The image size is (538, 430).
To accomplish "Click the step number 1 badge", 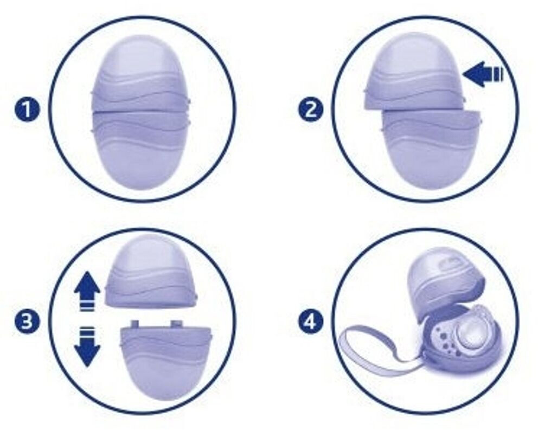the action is pyautogui.click(x=27, y=111).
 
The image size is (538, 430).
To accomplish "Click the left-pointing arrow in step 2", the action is pyautogui.click(x=483, y=74).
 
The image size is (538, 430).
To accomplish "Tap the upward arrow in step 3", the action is pyautogui.click(x=87, y=290).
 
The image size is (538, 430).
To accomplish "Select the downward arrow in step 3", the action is pyautogui.click(x=87, y=346).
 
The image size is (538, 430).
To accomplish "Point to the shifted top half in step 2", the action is pyautogui.click(x=414, y=73).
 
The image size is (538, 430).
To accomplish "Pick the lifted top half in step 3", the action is pyautogui.click(x=151, y=272).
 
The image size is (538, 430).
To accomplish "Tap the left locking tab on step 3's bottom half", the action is pyautogui.click(x=136, y=324).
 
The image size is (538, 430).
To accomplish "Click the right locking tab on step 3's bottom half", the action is pyautogui.click(x=176, y=324).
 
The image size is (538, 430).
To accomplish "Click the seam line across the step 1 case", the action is pyautogui.click(x=140, y=111).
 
